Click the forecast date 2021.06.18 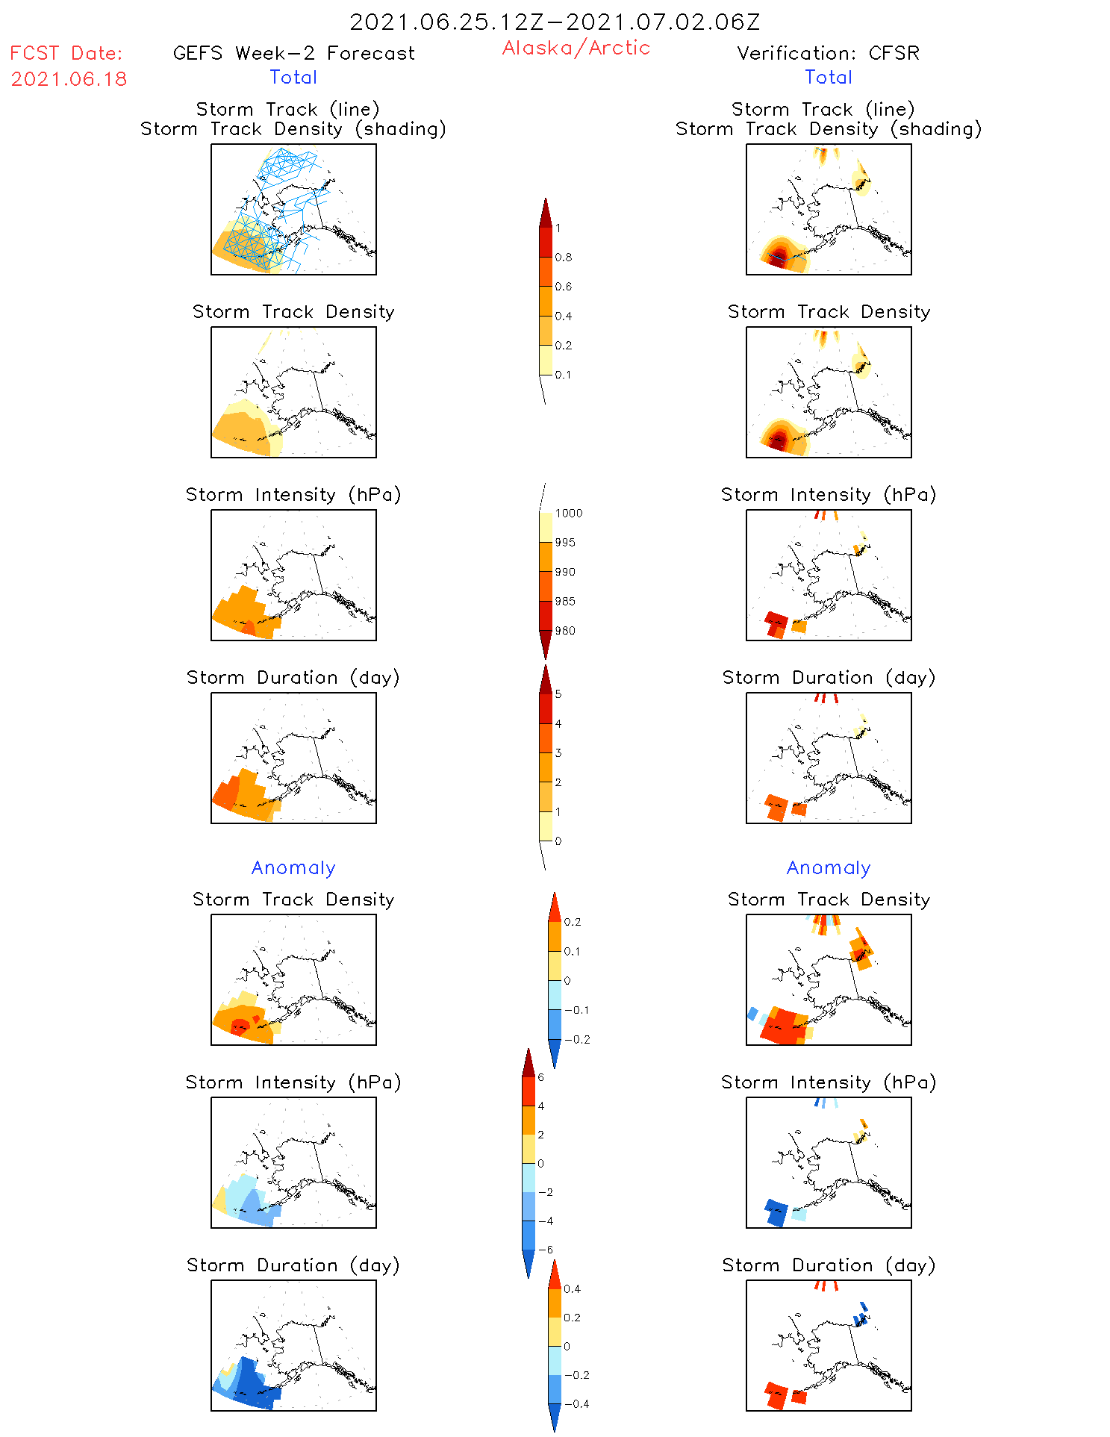tap(69, 79)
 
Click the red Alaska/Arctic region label tap(576, 48)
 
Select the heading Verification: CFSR tap(828, 53)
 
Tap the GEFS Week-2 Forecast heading tap(293, 53)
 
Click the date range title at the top tap(555, 22)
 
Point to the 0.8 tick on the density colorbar tap(563, 258)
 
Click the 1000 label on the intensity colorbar tap(568, 514)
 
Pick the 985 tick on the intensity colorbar tap(564, 602)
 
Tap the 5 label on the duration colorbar tap(558, 694)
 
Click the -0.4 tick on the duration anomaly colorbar tap(576, 1404)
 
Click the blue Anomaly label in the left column tap(293, 867)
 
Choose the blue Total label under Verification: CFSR tap(828, 77)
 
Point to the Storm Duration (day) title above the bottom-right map tap(828, 1265)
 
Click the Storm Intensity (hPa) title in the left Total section tap(293, 494)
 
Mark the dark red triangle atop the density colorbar tap(546, 213)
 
